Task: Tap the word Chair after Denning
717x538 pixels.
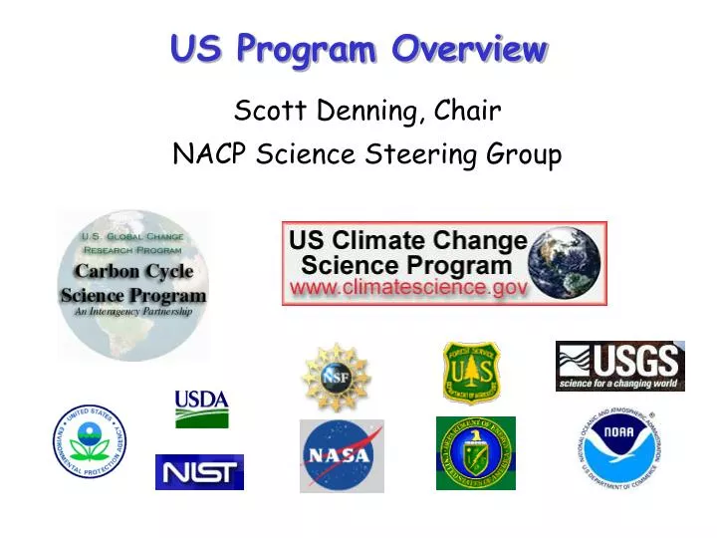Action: click(465, 111)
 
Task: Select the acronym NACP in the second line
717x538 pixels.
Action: click(209, 154)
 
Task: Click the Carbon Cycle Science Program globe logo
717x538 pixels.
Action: click(132, 283)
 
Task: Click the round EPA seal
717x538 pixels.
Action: click(90, 441)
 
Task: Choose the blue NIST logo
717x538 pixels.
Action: click(199, 472)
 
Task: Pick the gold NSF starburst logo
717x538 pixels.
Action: click(336, 378)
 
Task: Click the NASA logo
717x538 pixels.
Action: click(342, 456)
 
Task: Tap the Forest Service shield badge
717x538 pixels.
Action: click(471, 374)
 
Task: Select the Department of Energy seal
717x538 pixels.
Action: click(475, 453)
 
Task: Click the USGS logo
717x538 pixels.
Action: click(619, 365)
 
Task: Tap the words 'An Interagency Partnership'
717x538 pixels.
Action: click(132, 312)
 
